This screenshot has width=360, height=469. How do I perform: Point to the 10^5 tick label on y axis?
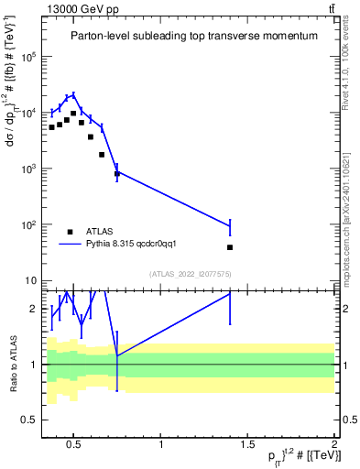[27, 57]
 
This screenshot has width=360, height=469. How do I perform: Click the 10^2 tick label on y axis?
[27, 224]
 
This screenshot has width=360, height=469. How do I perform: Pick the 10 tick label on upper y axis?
[30, 280]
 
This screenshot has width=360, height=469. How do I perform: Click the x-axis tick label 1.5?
[247, 445]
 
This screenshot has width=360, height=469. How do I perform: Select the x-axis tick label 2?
[333, 445]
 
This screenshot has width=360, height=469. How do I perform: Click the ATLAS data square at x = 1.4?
[230, 247]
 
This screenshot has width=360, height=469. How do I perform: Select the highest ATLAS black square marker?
[73, 114]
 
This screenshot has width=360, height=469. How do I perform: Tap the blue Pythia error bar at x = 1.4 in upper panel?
[230, 226]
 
